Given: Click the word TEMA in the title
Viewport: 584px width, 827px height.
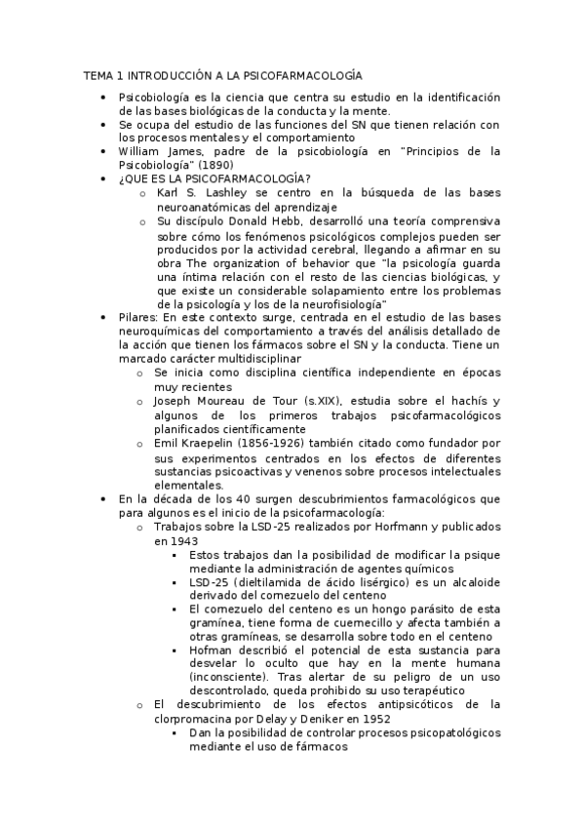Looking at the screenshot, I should tap(98, 74).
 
